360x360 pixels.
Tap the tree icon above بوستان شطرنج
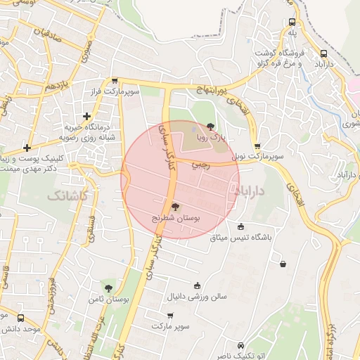point(175,207)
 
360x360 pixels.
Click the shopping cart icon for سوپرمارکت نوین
point(257,146)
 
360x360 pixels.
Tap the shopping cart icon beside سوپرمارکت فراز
point(115,81)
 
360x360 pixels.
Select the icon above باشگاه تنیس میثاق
point(241,226)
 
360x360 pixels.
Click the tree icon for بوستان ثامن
point(108,288)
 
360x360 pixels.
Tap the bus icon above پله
point(292,22)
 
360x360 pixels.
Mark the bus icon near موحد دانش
point(20,317)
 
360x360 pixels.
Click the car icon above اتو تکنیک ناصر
point(241,346)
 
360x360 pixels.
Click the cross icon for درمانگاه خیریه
point(86,116)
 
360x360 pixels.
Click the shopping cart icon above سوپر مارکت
point(169,315)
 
